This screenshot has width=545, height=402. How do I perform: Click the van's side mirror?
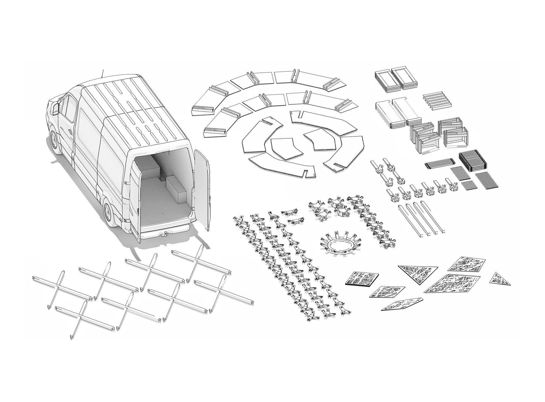[55, 109]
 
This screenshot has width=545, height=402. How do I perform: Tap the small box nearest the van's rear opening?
[176, 189]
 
